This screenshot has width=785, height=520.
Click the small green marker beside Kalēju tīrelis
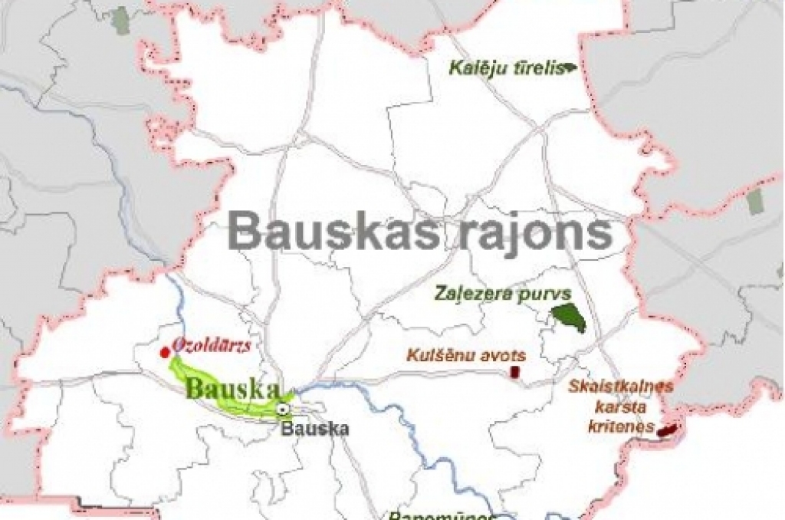(570, 68)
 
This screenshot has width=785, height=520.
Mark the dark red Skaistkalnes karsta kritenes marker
(666, 431)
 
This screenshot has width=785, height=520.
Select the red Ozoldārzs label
(212, 344)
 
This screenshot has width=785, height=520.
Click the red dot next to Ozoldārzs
(164, 352)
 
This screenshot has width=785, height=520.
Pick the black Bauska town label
(314, 428)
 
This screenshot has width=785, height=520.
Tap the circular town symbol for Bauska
(284, 410)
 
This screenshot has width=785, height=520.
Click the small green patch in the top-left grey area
(120, 21)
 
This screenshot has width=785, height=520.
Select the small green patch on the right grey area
(755, 201)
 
